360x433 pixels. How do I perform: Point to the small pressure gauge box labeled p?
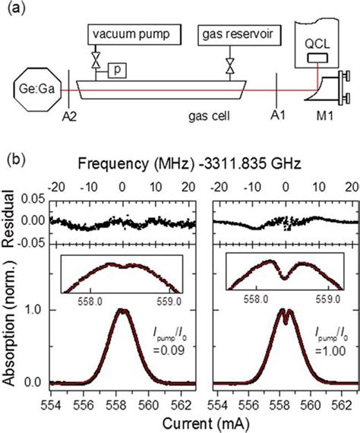tap(118, 70)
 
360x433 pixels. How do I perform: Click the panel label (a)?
tap(16, 10)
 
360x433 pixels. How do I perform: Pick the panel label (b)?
tap(16, 162)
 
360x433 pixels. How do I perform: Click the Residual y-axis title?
tap(10, 221)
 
